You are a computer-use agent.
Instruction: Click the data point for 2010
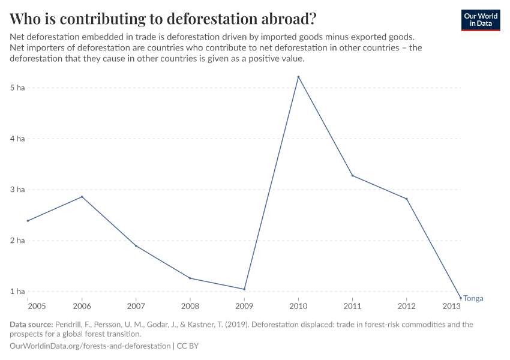(298, 77)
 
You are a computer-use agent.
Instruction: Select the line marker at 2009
(244, 289)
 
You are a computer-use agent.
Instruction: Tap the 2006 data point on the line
(82, 197)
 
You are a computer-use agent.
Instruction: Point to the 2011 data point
(352, 176)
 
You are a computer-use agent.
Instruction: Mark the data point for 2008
(190, 278)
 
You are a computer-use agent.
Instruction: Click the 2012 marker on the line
(407, 199)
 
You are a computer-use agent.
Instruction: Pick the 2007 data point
(136, 246)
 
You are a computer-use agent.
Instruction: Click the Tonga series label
(473, 298)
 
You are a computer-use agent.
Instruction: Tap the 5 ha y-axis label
(17, 88)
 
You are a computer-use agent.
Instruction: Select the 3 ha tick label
(17, 190)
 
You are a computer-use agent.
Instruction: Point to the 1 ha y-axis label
(17, 292)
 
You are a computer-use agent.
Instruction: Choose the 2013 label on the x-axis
(452, 306)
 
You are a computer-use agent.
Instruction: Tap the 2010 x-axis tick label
(298, 306)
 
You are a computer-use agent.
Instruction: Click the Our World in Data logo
(481, 20)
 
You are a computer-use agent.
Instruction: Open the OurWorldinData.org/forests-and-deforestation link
(90, 346)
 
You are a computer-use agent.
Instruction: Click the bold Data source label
(31, 325)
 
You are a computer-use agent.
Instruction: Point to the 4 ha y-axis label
(17, 139)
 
